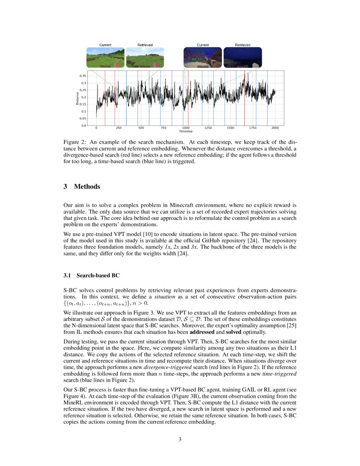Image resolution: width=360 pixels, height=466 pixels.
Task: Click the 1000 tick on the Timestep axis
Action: point(186,128)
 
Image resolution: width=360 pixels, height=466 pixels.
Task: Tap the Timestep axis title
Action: point(186,131)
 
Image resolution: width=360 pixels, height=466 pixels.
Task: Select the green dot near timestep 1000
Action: point(188,99)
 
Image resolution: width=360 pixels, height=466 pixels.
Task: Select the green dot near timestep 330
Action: point(126,95)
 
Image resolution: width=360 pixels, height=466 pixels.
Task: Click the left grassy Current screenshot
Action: point(105,58)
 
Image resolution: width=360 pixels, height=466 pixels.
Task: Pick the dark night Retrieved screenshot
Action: point(243,58)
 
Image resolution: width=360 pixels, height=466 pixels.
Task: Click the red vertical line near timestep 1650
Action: point(245,97)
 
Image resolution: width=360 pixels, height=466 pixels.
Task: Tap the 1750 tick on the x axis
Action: point(253,128)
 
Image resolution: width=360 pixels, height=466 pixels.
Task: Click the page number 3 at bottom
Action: point(180,439)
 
